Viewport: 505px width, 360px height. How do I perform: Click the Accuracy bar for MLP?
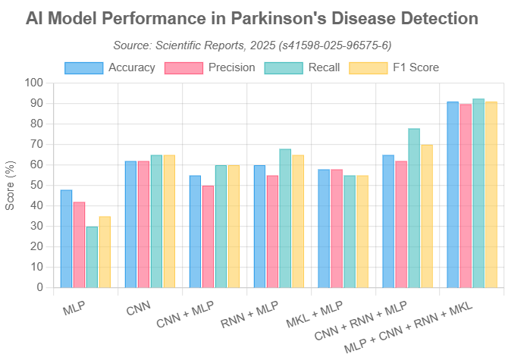click(x=67, y=238)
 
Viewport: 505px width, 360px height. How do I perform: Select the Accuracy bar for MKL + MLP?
click(x=324, y=228)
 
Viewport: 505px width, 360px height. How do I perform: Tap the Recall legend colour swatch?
click(x=284, y=67)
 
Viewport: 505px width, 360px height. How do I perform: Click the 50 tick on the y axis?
click(x=37, y=185)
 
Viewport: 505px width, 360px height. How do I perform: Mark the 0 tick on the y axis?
click(x=40, y=287)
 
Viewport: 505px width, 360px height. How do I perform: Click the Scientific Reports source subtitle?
click(x=252, y=45)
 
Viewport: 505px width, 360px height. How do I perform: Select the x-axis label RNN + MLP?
click(x=250, y=312)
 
